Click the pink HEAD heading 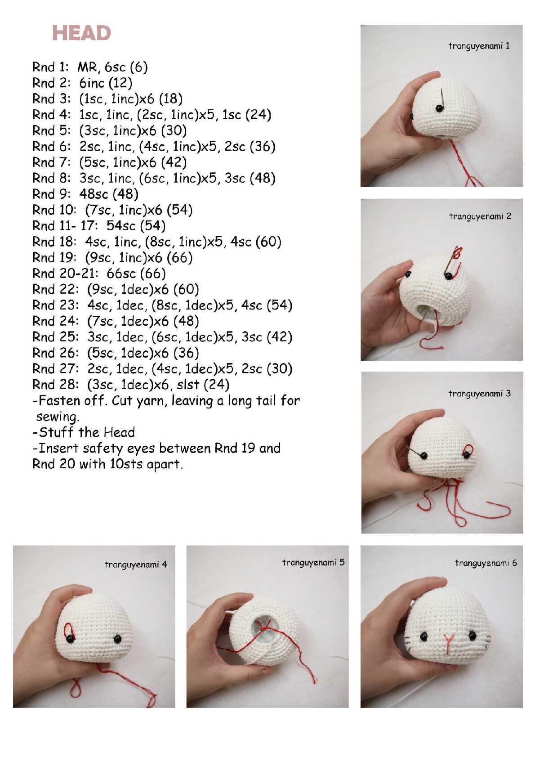pos(81,33)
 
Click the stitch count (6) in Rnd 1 pos(138,67)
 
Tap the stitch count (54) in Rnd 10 pos(179,210)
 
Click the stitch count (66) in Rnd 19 pos(179,257)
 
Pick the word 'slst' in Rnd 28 pos(188,385)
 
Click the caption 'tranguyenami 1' pos(479,46)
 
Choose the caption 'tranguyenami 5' pos(313,562)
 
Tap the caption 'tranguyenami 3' pos(480,394)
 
